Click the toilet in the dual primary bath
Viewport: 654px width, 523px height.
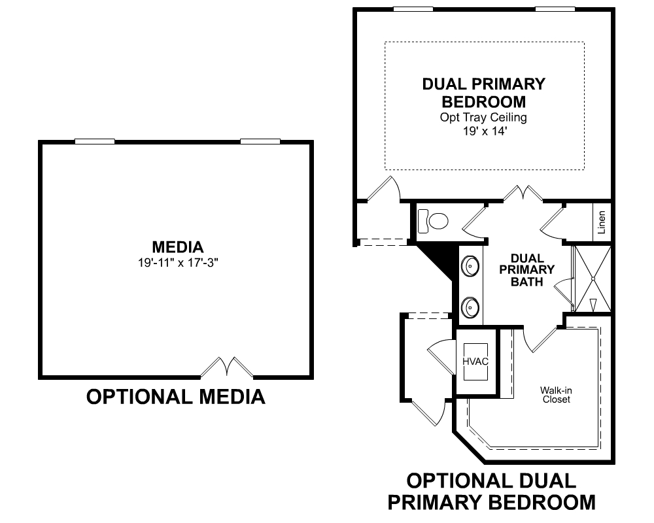pyautogui.click(x=432, y=220)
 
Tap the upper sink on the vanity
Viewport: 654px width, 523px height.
pyautogui.click(x=470, y=265)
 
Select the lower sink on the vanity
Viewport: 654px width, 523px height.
pyautogui.click(x=470, y=308)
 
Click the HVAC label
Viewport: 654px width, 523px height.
pyautogui.click(x=475, y=362)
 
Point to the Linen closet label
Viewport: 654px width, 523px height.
pyautogui.click(x=602, y=222)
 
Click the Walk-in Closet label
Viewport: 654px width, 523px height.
pyautogui.click(x=556, y=395)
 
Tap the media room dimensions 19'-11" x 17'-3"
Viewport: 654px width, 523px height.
pyautogui.click(x=178, y=263)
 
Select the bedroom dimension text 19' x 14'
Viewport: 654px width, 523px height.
pyautogui.click(x=484, y=131)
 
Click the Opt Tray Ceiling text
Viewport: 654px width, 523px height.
pyautogui.click(x=483, y=118)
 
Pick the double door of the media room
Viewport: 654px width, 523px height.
pyautogui.click(x=227, y=367)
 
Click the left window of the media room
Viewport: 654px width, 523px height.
pyautogui.click(x=95, y=141)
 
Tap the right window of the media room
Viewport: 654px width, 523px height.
pyautogui.click(x=260, y=141)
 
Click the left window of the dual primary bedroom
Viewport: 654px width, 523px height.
pyautogui.click(x=413, y=8)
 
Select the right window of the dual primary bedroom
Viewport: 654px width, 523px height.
pyautogui.click(x=555, y=8)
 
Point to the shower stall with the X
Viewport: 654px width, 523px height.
pyautogui.click(x=593, y=278)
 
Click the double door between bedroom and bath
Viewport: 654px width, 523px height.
pyautogui.click(x=523, y=194)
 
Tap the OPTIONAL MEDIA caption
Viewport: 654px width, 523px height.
pyautogui.click(x=175, y=397)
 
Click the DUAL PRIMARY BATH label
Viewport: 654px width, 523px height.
pyautogui.click(x=526, y=270)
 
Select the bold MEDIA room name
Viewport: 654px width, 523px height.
pyautogui.click(x=178, y=247)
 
